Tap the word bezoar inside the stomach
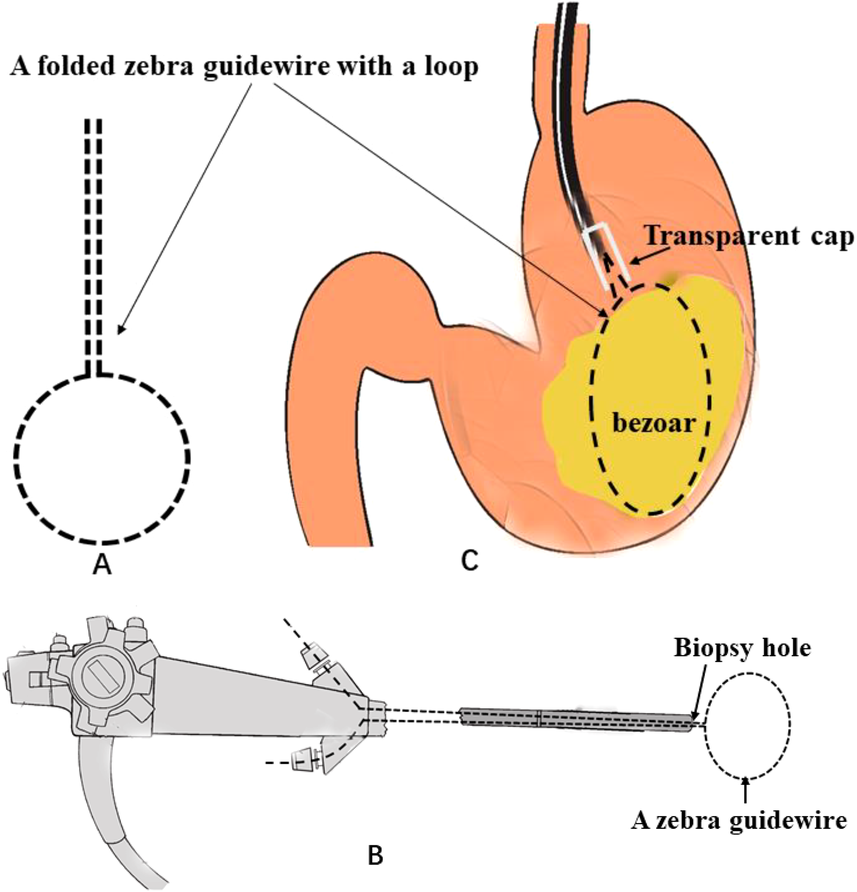(x=654, y=423)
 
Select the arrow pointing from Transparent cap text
(x=649, y=256)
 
